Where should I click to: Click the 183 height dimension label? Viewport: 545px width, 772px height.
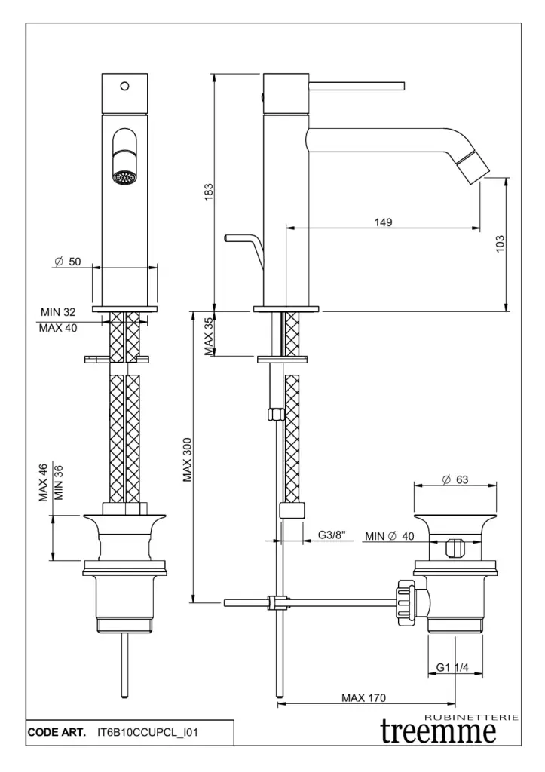pyautogui.click(x=209, y=192)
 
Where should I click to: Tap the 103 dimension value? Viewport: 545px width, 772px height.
pyautogui.click(x=500, y=244)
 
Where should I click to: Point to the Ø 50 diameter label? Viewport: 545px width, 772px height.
pyautogui.click(x=67, y=262)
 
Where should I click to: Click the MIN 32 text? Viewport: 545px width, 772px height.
pyautogui.click(x=58, y=311)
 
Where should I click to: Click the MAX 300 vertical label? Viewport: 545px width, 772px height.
pyautogui.click(x=188, y=461)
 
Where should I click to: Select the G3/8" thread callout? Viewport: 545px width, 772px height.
pyautogui.click(x=331, y=535)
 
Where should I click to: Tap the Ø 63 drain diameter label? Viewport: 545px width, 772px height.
pyautogui.click(x=455, y=479)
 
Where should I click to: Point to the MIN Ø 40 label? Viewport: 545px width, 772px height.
pyautogui.click(x=390, y=536)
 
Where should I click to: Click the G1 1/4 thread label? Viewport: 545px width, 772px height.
pyautogui.click(x=453, y=667)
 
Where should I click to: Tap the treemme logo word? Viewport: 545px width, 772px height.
pyautogui.click(x=439, y=732)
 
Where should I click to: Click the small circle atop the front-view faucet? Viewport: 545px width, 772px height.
pyautogui.click(x=125, y=85)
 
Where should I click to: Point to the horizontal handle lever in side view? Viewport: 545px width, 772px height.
pyautogui.click(x=357, y=84)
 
